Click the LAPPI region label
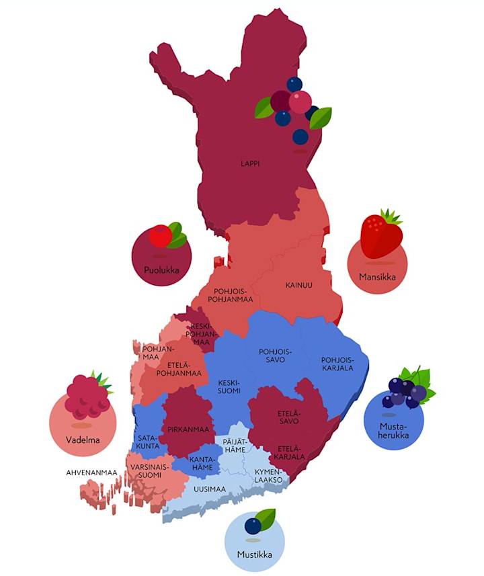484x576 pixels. [250, 163]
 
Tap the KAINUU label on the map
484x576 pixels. [298, 285]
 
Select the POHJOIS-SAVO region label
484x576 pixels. [272, 356]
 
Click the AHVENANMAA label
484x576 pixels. [91, 472]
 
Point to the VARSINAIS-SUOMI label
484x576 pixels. [150, 470]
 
